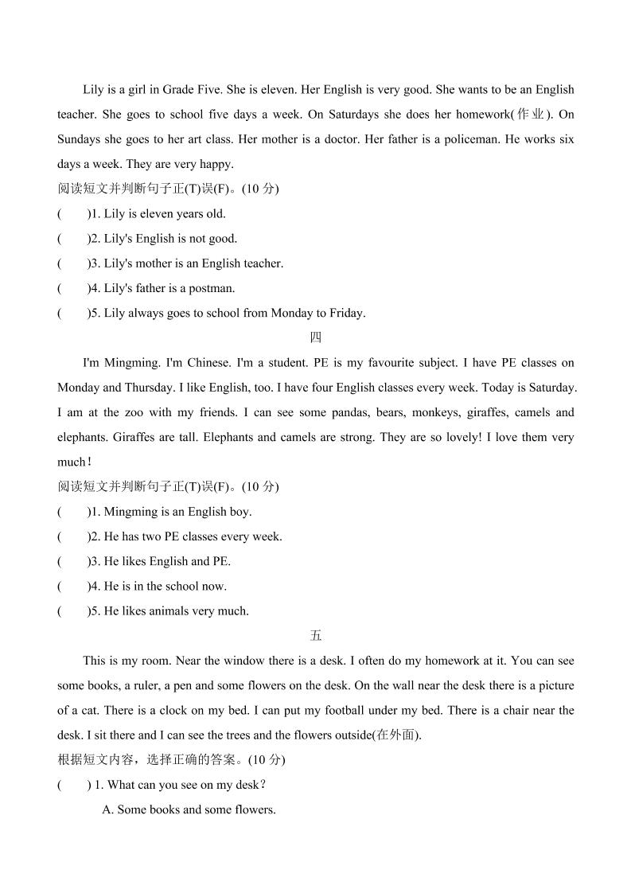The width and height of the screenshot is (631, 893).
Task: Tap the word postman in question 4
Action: point(212,288)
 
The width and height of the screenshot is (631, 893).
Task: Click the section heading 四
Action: point(316,337)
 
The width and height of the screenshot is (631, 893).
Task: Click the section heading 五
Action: point(316,635)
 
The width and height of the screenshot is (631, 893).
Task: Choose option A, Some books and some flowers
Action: point(189,809)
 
